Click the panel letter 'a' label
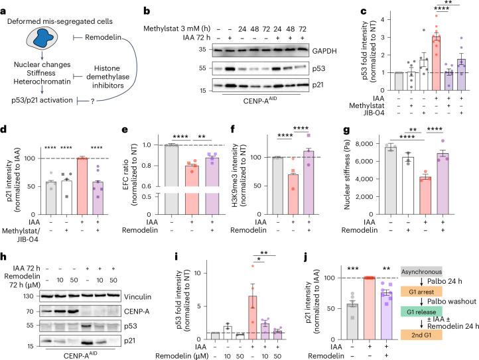pos(5,5)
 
